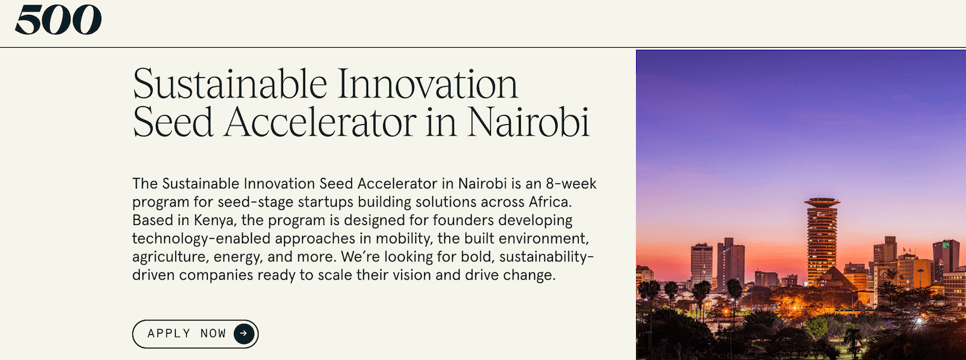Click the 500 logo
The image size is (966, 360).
(58, 20)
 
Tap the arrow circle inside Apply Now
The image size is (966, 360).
(244, 333)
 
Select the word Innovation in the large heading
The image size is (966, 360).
(428, 85)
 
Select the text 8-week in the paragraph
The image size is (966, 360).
(571, 184)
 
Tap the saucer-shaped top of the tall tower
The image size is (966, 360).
(822, 202)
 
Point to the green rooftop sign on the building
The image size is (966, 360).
(946, 244)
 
